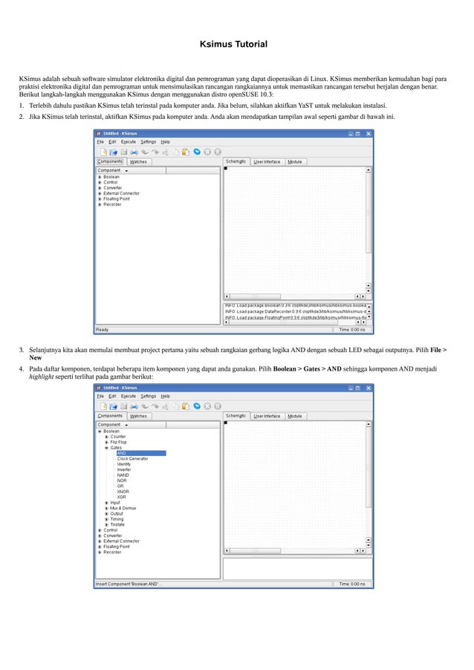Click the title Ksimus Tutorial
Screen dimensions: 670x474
click(233, 45)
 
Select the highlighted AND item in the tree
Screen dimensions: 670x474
click(121, 453)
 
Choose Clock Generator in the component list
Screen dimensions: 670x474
click(132, 459)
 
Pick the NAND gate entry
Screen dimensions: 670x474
click(123, 475)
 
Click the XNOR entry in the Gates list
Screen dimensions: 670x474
click(123, 492)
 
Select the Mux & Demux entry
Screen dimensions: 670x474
click(123, 508)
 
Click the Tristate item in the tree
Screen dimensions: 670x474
click(118, 524)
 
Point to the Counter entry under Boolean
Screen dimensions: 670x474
click(119, 437)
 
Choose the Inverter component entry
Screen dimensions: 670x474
click(124, 469)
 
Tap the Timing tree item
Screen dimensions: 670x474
click(117, 519)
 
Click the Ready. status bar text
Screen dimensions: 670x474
click(103, 330)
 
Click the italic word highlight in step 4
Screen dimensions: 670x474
click(42, 377)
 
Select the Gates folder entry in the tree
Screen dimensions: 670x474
click(117, 448)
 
